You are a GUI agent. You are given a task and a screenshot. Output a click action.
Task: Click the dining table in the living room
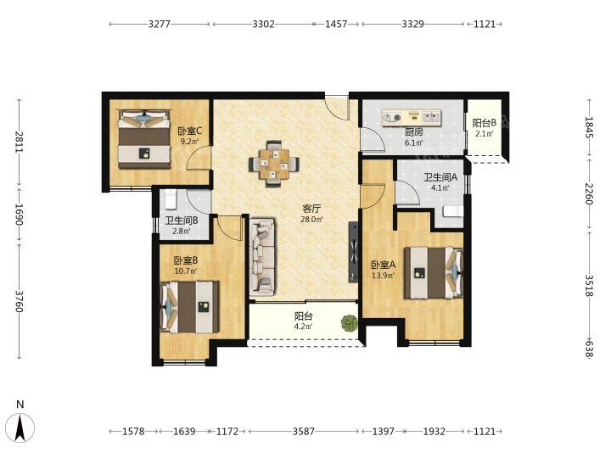(274, 164)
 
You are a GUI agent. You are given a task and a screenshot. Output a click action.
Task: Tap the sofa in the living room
(262, 256)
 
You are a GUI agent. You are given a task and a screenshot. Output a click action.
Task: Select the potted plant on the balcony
(349, 323)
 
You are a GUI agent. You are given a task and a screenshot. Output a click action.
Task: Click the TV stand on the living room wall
(353, 252)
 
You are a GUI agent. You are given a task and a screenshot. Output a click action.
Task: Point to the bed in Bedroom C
(144, 139)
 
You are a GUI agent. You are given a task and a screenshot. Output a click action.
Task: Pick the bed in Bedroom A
(434, 272)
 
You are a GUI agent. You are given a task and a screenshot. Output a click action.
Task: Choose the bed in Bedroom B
(190, 306)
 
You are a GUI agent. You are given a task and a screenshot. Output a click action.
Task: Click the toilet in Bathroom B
(171, 198)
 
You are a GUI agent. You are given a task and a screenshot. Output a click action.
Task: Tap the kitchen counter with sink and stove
(412, 118)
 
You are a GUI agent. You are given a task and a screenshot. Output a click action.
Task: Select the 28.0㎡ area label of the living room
(311, 220)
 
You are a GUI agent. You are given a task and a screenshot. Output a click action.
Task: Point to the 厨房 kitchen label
(413, 132)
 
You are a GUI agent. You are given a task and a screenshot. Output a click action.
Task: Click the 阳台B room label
(484, 123)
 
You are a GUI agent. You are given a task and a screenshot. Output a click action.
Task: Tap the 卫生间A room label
(440, 177)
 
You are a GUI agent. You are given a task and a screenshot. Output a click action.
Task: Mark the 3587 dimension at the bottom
(304, 432)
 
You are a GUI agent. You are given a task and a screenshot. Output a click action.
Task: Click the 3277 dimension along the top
(160, 24)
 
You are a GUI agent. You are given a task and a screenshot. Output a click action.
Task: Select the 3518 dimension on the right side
(589, 286)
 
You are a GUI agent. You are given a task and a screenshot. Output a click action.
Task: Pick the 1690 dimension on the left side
(19, 215)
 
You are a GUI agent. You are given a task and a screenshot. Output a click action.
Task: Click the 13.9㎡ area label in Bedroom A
(383, 276)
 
